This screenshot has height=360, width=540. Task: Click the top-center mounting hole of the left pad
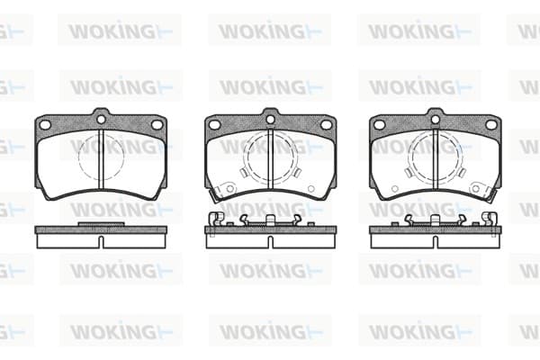[x=101, y=120]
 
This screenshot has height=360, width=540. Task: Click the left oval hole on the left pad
[x=46, y=125]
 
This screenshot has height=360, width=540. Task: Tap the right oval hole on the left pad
[x=157, y=125]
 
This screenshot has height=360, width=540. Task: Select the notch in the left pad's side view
[x=101, y=242]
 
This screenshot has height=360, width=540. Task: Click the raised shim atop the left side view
[x=101, y=224]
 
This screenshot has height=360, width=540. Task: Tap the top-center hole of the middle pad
[x=270, y=120]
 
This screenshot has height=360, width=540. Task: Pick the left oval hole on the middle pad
[x=215, y=125]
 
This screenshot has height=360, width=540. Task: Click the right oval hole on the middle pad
[x=326, y=125]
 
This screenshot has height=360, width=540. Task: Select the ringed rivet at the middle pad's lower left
[x=229, y=188]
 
